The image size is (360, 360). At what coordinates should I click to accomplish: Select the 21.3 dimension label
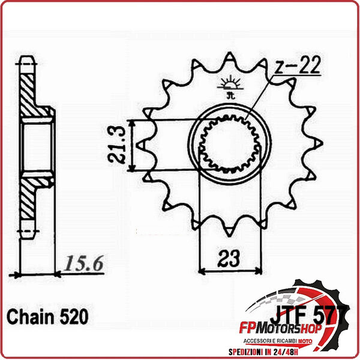coord(118,145)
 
